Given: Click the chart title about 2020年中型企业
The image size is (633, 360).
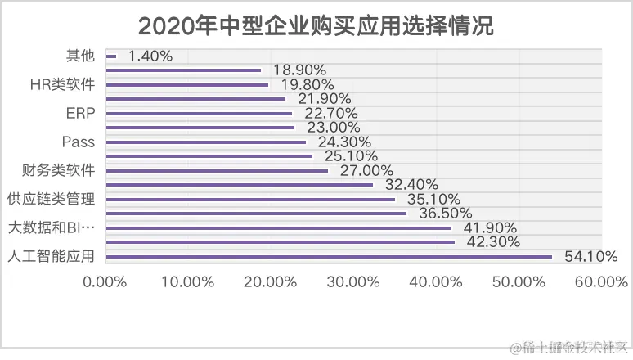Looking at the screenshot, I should pyautogui.click(x=316, y=25).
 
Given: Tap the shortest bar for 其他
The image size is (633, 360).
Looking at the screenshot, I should pyautogui.click(x=111, y=56).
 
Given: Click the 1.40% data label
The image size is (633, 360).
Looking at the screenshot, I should pyautogui.click(x=150, y=56).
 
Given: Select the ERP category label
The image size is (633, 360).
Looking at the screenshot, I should pyautogui.click(x=79, y=113).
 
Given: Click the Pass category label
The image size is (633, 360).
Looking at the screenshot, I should pyautogui.click(x=79, y=142).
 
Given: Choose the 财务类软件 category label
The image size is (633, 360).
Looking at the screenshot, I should pyautogui.click(x=58, y=170).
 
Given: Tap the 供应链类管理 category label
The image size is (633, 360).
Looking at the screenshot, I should pyautogui.click(x=51, y=199).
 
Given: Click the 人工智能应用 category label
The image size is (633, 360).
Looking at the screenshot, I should pyautogui.click(x=51, y=256).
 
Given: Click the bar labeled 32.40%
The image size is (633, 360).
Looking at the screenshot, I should pyautogui.click(x=240, y=185).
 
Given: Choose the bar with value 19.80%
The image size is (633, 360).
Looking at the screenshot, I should pyautogui.click(x=187, y=84).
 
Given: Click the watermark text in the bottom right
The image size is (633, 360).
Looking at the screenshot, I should pyautogui.click(x=569, y=349).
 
